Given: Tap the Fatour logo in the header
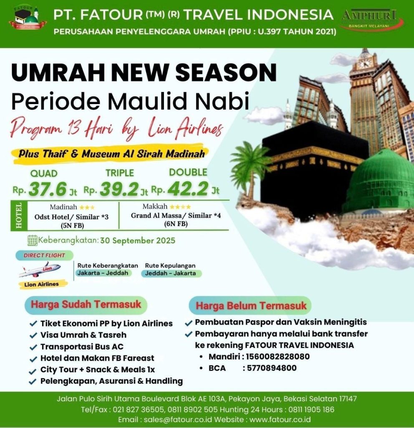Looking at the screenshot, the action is [28, 18].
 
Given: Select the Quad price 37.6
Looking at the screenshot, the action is [48, 189].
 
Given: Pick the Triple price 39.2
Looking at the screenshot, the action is [119, 189].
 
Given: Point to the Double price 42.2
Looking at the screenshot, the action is [188, 189].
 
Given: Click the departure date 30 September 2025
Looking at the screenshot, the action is [138, 240].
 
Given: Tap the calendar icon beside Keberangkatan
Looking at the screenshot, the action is [33, 240].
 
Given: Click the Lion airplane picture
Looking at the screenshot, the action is [40, 270].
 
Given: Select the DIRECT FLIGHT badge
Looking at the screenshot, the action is [44, 255].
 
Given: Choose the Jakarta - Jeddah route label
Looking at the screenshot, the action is [103, 273].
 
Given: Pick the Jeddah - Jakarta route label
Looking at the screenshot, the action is [171, 273].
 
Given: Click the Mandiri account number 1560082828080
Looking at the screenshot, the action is [278, 357].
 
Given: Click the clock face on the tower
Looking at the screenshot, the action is [364, 64].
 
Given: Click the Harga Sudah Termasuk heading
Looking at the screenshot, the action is [86, 304].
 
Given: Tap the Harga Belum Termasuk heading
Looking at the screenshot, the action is [251, 306].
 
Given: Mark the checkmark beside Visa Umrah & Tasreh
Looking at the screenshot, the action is [33, 335].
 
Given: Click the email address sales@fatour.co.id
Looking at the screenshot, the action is [178, 419].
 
